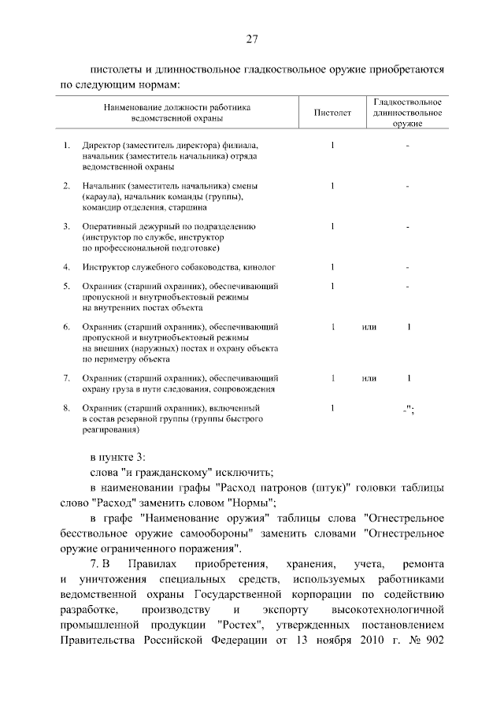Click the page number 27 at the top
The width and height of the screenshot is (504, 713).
[x=252, y=39]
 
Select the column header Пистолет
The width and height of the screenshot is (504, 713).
[x=333, y=113]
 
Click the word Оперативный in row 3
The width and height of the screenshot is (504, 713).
[x=106, y=226]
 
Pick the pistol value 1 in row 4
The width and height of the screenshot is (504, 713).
[x=333, y=267]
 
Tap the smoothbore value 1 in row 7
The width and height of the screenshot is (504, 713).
[x=409, y=378]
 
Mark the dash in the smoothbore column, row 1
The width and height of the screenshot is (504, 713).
[x=407, y=146]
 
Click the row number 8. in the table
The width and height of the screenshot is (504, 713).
[x=67, y=408]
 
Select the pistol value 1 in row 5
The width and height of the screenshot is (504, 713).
[x=333, y=285]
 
